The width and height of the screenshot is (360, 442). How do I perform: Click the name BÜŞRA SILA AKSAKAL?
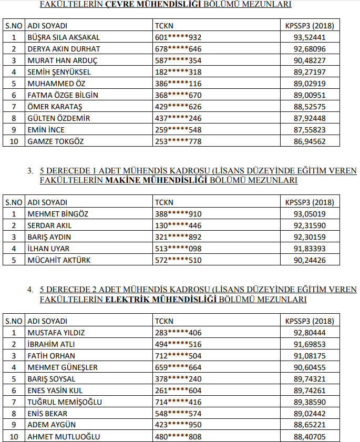click(x=63, y=37)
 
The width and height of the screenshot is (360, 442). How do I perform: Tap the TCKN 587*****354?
click(x=178, y=60)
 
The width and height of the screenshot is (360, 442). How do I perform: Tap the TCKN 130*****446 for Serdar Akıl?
click(x=178, y=225)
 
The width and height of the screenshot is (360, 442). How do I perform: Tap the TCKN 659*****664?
click(x=178, y=367)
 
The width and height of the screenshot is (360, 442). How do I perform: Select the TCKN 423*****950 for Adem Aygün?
click(x=178, y=425)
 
